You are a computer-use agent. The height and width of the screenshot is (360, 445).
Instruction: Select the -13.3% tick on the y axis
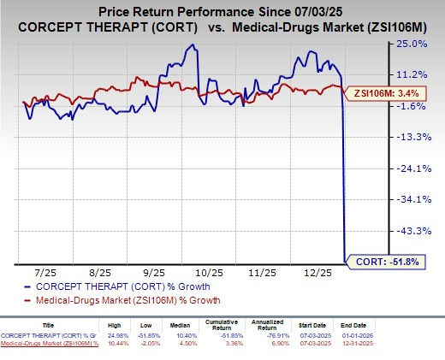[410, 137]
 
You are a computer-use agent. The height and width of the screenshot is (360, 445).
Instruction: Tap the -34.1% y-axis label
[410, 199]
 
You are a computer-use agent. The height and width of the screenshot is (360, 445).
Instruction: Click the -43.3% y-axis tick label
[410, 231]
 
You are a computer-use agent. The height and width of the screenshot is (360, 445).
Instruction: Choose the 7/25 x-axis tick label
[45, 271]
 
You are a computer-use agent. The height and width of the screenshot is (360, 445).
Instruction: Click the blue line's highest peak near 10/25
[198, 46]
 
